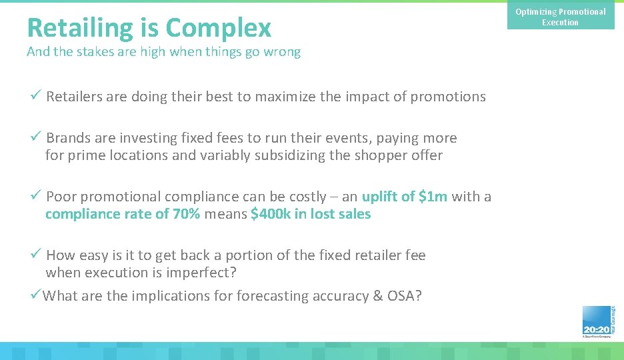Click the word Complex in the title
coord(218,28)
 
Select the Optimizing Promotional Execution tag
coord(560,17)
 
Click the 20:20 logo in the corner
coord(596,323)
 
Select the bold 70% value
coord(185,214)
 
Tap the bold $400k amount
coord(270,214)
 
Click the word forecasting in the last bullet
coord(273,296)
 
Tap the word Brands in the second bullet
coord(69,138)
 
